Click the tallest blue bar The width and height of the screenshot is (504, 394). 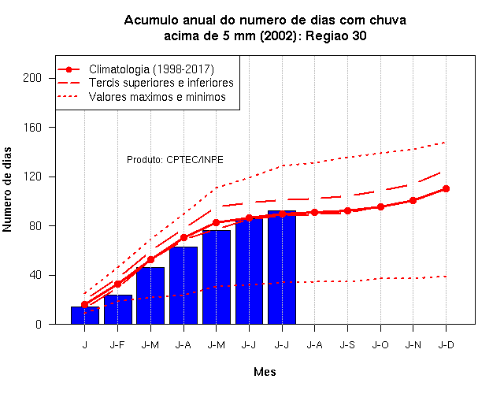tap(282, 267)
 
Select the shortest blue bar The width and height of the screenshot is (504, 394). tap(85, 315)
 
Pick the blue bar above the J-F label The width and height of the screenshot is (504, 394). tap(118, 310)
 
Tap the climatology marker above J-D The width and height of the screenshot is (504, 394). tap(446, 189)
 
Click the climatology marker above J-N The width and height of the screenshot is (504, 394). tap(413, 200)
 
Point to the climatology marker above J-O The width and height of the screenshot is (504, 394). tap(380, 206)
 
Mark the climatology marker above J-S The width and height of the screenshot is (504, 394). tap(347, 210)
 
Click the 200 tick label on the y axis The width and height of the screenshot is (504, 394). tap(32, 78)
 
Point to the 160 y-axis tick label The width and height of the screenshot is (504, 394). tap(32, 128)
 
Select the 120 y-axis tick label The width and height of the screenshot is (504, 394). tap(32, 177)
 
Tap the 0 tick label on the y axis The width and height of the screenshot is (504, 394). tap(39, 324)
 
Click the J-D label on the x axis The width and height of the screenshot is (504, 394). tap(447, 345)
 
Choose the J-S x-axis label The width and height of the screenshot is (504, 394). tap(347, 345)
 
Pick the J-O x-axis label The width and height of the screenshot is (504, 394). tap(380, 345)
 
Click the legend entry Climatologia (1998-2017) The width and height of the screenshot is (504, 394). tap(151, 69)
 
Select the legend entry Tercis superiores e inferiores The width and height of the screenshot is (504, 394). tap(161, 83)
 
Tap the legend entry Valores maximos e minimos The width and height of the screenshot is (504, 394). tap(157, 97)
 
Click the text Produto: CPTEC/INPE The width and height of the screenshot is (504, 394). tap(175, 160)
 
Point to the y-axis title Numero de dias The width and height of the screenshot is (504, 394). tap(7, 189)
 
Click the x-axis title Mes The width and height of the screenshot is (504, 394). tap(265, 372)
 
